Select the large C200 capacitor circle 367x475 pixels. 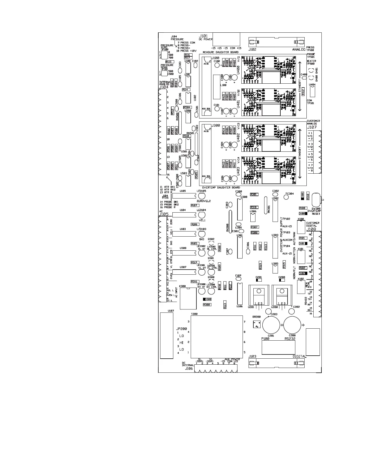coord(292,325)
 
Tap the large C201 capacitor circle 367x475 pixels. coord(271,325)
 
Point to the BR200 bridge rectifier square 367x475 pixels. coord(257,324)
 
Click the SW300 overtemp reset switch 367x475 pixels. coord(316,199)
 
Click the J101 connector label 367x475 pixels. coord(203,36)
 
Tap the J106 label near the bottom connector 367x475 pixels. coord(189,368)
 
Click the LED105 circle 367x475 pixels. coord(201,196)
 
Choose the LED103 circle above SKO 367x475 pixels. coord(201,234)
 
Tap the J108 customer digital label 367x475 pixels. coord(311,229)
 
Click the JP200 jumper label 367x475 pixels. coord(181,329)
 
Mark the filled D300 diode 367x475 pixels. coord(207,299)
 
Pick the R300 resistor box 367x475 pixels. coord(207,305)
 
